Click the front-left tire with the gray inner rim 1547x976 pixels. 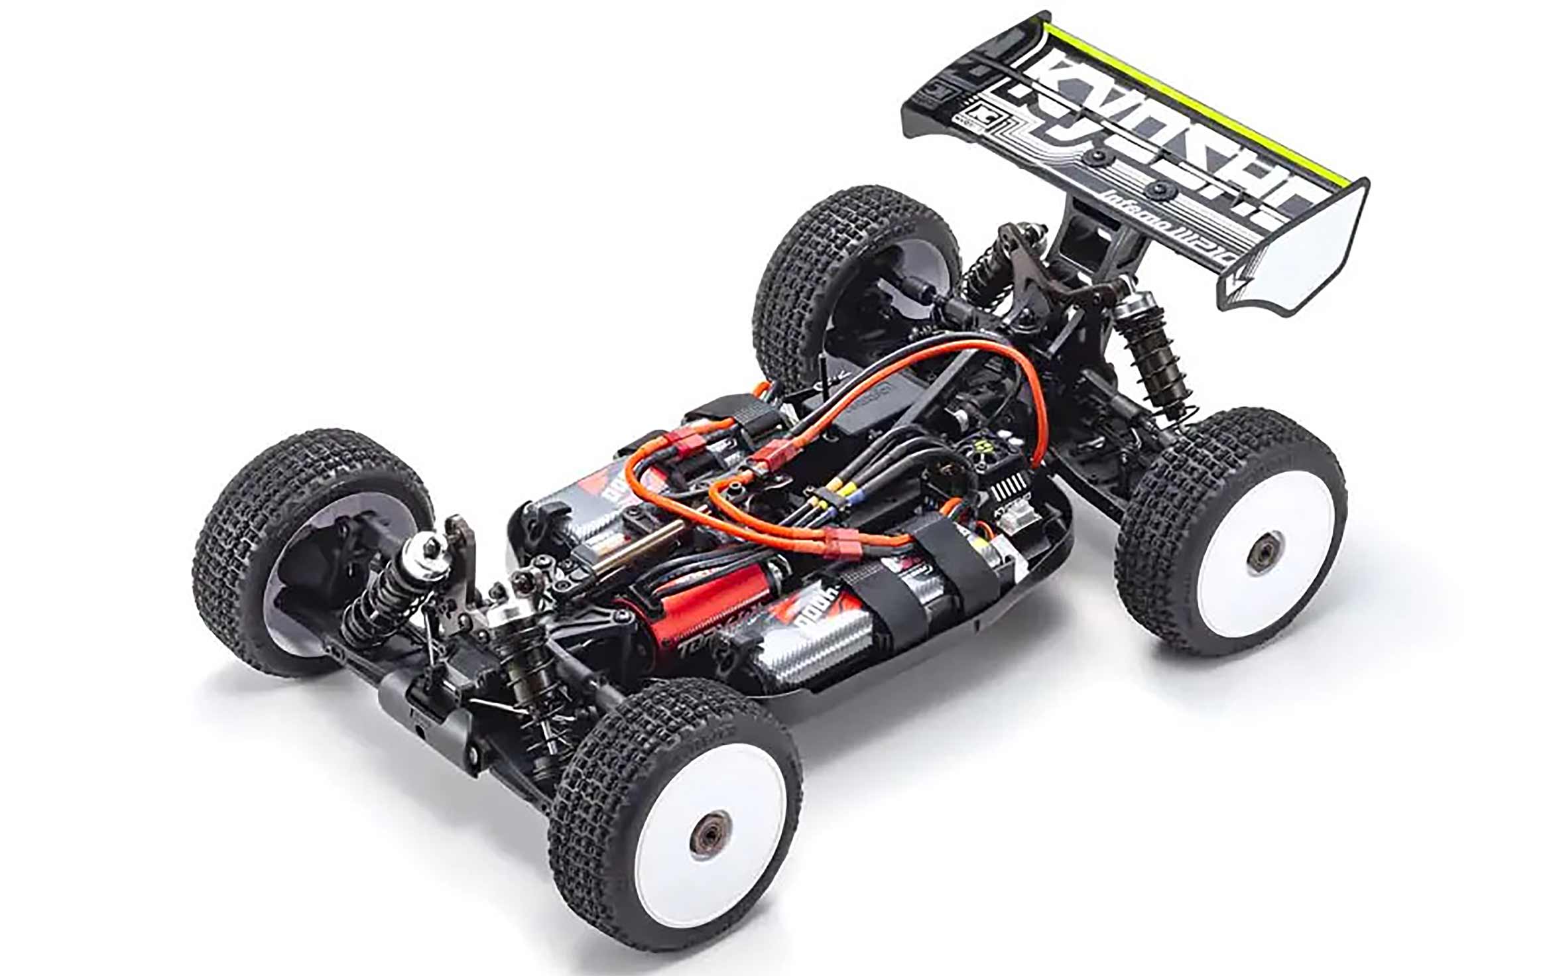click(312, 550)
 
